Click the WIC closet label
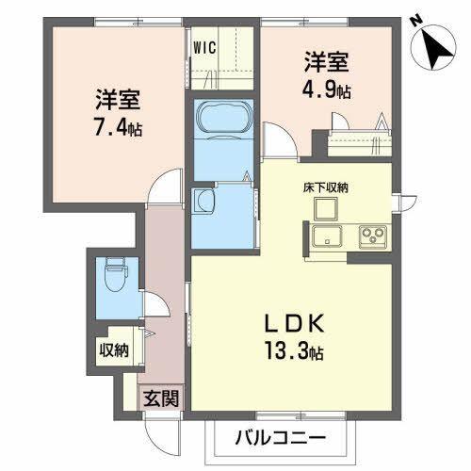(x=207, y=44)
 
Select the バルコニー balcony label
(x=282, y=439)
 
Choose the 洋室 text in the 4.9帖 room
(x=326, y=63)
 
